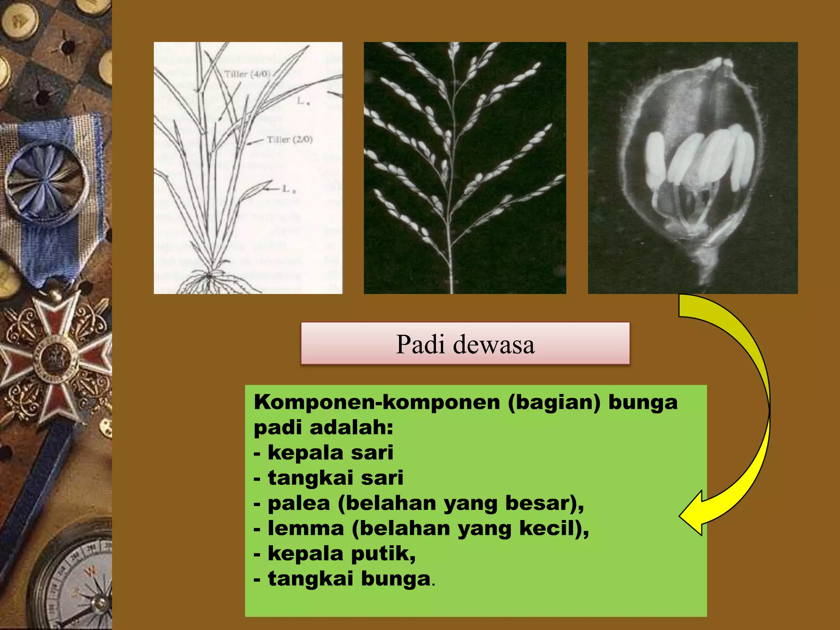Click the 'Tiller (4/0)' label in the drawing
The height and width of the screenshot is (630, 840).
[x=247, y=74]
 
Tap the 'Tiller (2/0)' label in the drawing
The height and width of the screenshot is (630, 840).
[x=290, y=140]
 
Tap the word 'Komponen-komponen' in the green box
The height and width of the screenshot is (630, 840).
[x=377, y=402]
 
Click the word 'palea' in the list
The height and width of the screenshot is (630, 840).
[x=299, y=503]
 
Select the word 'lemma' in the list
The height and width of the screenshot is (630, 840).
[x=306, y=528]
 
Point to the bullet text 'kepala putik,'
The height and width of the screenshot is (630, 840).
[x=341, y=554]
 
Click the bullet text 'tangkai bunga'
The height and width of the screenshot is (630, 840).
[x=349, y=579]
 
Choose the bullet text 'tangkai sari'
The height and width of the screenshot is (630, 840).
[x=336, y=478]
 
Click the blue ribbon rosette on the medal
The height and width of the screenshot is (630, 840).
[x=46, y=180]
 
